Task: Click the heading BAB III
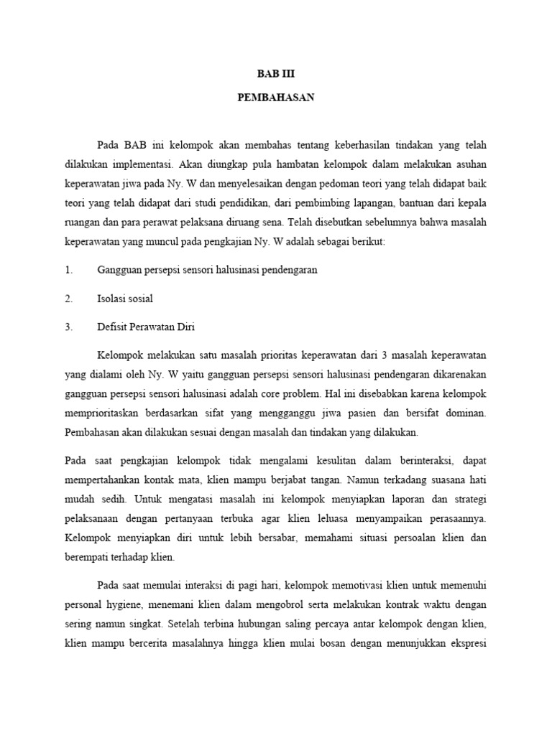point(276,74)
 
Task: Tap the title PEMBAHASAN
point(276,98)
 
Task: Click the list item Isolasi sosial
point(125,298)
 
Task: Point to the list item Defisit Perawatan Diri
point(146,327)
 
